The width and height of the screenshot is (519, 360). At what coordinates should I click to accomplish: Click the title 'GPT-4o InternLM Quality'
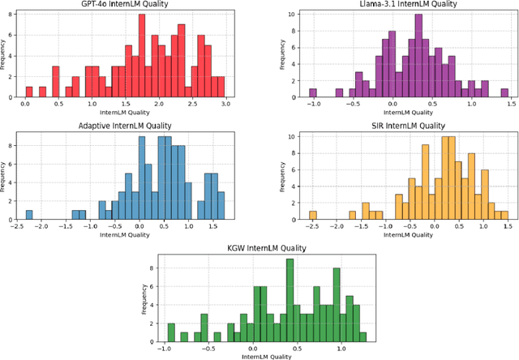coord(126,5)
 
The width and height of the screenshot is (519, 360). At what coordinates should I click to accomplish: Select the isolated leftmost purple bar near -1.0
coord(313,93)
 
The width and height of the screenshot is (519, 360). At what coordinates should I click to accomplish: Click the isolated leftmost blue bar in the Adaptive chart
coord(29,214)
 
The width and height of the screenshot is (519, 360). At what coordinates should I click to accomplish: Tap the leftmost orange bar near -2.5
coord(312,214)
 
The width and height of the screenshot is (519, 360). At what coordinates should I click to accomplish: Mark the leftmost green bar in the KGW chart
coord(171,332)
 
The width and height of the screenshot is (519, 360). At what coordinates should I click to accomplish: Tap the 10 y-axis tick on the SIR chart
coord(295,137)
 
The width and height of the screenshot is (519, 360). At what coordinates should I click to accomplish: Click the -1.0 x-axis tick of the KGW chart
coord(165,348)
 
